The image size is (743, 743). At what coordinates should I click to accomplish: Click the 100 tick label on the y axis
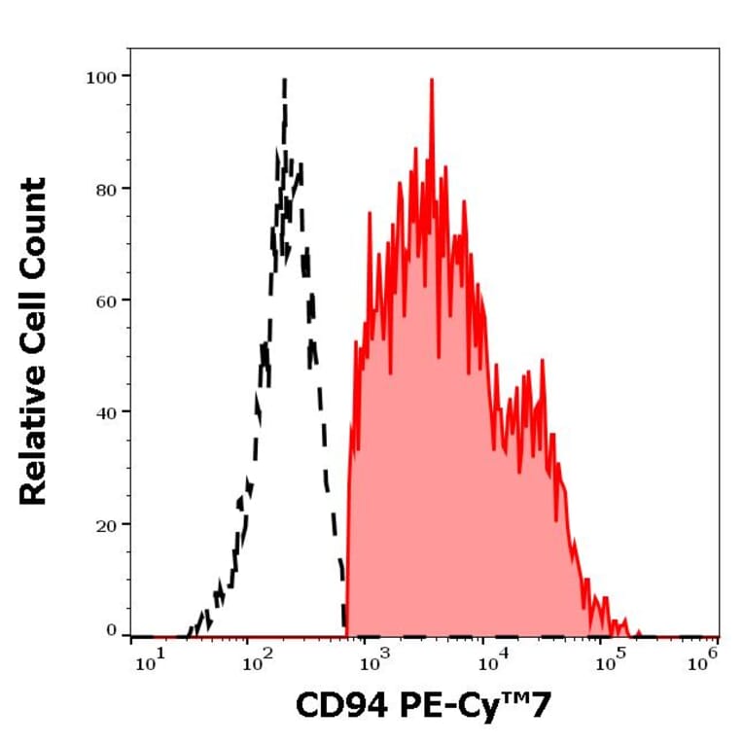[x=101, y=76]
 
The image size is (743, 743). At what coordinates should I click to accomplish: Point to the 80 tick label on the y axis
[x=105, y=189]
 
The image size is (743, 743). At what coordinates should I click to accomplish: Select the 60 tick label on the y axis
[x=105, y=301]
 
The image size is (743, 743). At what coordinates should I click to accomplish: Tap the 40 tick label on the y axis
[x=105, y=412]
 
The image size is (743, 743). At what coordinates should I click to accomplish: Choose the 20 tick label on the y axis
[x=105, y=524]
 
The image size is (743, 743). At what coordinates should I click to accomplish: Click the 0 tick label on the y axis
[x=112, y=631]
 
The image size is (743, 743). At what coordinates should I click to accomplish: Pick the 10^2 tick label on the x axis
[x=258, y=662]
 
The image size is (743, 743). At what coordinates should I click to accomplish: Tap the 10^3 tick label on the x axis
[x=373, y=662]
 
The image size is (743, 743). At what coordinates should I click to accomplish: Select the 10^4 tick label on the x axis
[x=492, y=662]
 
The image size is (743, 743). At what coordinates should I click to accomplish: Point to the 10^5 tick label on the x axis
[x=609, y=662]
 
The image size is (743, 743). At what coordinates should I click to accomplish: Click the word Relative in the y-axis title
[x=34, y=438]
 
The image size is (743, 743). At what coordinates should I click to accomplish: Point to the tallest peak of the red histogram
[x=431, y=81]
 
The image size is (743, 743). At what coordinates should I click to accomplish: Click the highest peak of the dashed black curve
[x=284, y=81]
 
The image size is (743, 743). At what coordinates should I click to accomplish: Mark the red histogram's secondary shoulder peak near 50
[x=542, y=361]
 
